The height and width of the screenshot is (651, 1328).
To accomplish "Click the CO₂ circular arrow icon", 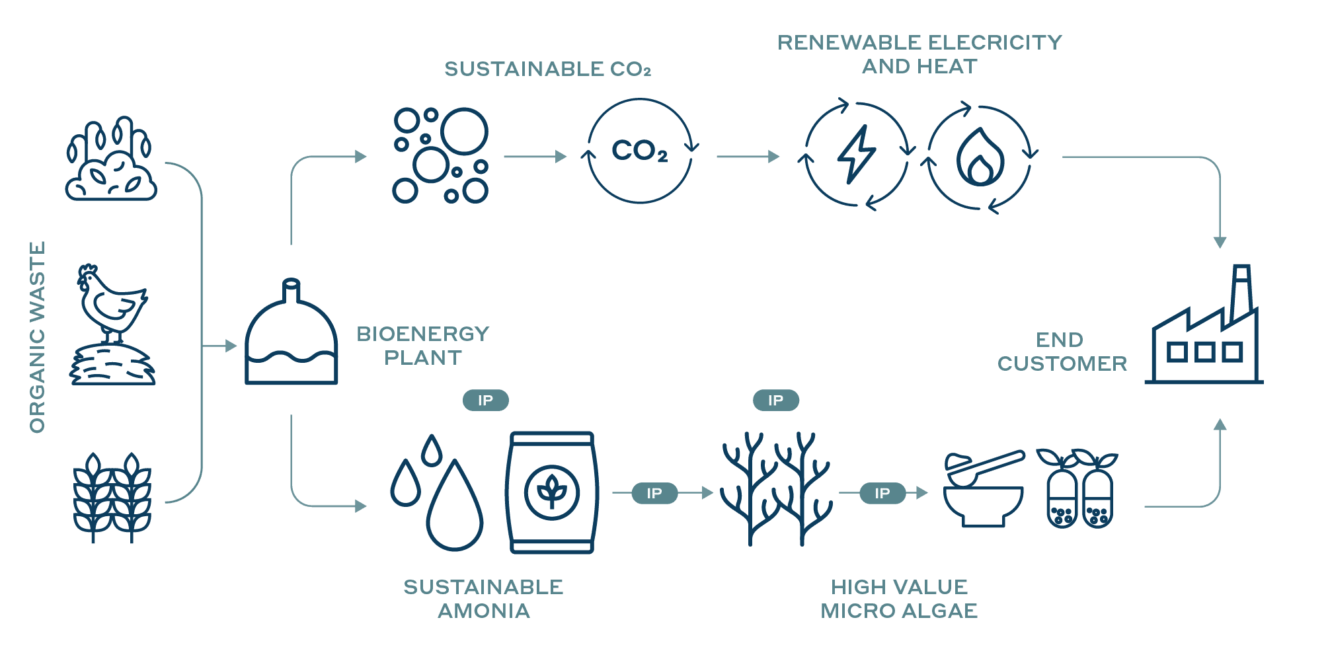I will tap(639, 151).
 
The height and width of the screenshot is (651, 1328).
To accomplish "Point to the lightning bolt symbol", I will tap(857, 154).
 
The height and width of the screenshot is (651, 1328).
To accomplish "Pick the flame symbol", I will tap(980, 159).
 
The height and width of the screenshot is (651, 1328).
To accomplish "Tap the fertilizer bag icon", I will tap(552, 492).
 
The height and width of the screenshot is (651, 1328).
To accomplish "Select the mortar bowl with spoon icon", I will tap(984, 489).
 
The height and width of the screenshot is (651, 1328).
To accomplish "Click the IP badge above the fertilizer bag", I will tap(485, 400).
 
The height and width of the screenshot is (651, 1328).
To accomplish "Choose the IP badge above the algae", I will tap(775, 400).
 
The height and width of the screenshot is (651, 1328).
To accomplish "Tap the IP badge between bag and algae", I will tap(654, 493).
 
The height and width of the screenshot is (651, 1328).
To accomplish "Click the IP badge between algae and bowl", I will tap(882, 493).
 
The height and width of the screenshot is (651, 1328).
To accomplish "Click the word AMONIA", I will tap(484, 611).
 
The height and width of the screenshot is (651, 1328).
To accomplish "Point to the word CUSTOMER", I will tap(1062, 364).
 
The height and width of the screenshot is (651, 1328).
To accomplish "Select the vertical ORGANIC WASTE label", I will tap(38, 337).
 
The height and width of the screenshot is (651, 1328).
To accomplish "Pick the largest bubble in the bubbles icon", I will tap(464, 132).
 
